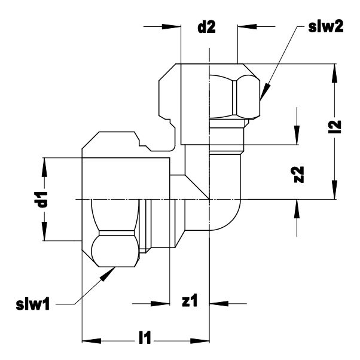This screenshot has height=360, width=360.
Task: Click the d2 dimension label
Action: (x=207, y=28)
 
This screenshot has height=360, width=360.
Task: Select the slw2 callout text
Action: (x=325, y=27)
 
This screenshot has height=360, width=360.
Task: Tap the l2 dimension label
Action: (x=335, y=127)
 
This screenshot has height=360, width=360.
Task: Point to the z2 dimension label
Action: (x=298, y=175)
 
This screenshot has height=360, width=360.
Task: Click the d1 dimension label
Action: (x=42, y=199)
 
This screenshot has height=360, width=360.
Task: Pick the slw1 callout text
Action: (x=33, y=305)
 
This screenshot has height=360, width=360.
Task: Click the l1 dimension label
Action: (x=145, y=337)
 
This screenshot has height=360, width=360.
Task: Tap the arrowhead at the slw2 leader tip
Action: (x=264, y=91)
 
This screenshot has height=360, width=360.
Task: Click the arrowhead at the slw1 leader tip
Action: (x=108, y=274)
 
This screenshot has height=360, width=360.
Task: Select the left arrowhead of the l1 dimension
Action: (x=91, y=341)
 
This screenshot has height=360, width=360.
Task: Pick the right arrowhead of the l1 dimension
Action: (x=200, y=341)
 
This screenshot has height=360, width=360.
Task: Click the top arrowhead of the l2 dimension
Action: (x=335, y=73)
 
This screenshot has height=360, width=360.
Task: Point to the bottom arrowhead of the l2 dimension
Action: (x=335, y=190)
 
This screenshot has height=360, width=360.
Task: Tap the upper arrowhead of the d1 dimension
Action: (x=44, y=167)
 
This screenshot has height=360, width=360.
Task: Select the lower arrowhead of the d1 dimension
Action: (x=44, y=231)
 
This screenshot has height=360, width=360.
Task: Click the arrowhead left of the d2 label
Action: (x=172, y=26)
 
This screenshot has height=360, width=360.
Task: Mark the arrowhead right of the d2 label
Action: (x=247, y=26)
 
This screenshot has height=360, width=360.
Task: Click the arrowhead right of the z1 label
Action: (x=219, y=304)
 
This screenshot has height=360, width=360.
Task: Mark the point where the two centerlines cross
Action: (x=209, y=199)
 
